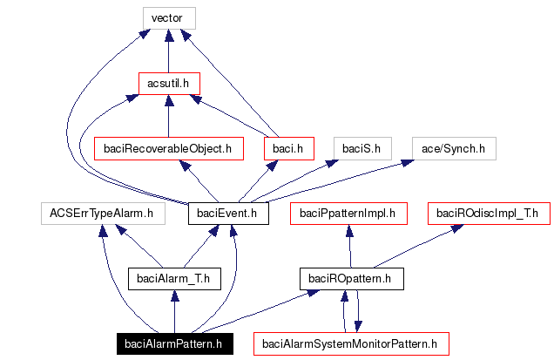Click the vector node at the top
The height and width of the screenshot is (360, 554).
[168, 17]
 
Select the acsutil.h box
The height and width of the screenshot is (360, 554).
[168, 83]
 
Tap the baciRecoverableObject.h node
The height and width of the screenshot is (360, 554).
[166, 148]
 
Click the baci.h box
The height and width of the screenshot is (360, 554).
[287, 148]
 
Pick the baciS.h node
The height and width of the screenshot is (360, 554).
[361, 148]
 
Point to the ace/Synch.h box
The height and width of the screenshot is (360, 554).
[453, 148]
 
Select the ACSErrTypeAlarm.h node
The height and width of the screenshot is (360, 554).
[102, 213]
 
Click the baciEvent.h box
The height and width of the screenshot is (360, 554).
[227, 213]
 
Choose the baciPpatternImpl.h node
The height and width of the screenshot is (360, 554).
[348, 213]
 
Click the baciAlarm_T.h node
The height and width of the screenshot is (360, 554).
[174, 278]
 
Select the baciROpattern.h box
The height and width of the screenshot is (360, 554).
[351, 278]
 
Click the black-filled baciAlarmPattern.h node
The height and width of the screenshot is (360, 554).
[174, 343]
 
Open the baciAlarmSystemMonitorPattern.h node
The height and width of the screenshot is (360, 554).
[350, 343]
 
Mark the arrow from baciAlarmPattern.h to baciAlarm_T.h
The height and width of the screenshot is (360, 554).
[174, 311]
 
